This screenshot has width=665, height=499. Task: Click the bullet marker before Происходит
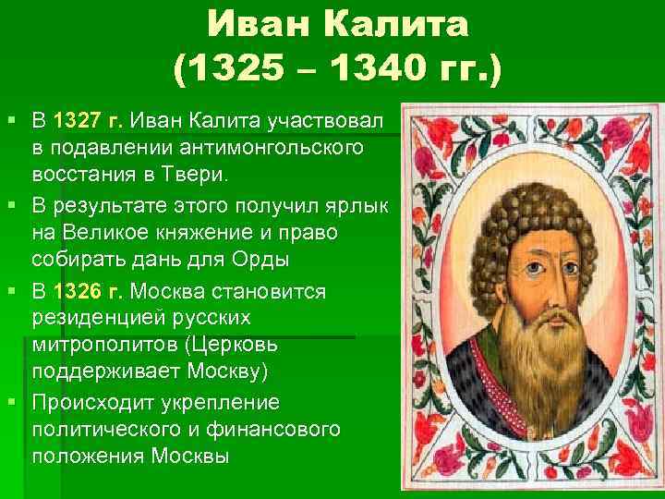pos(11,404)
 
